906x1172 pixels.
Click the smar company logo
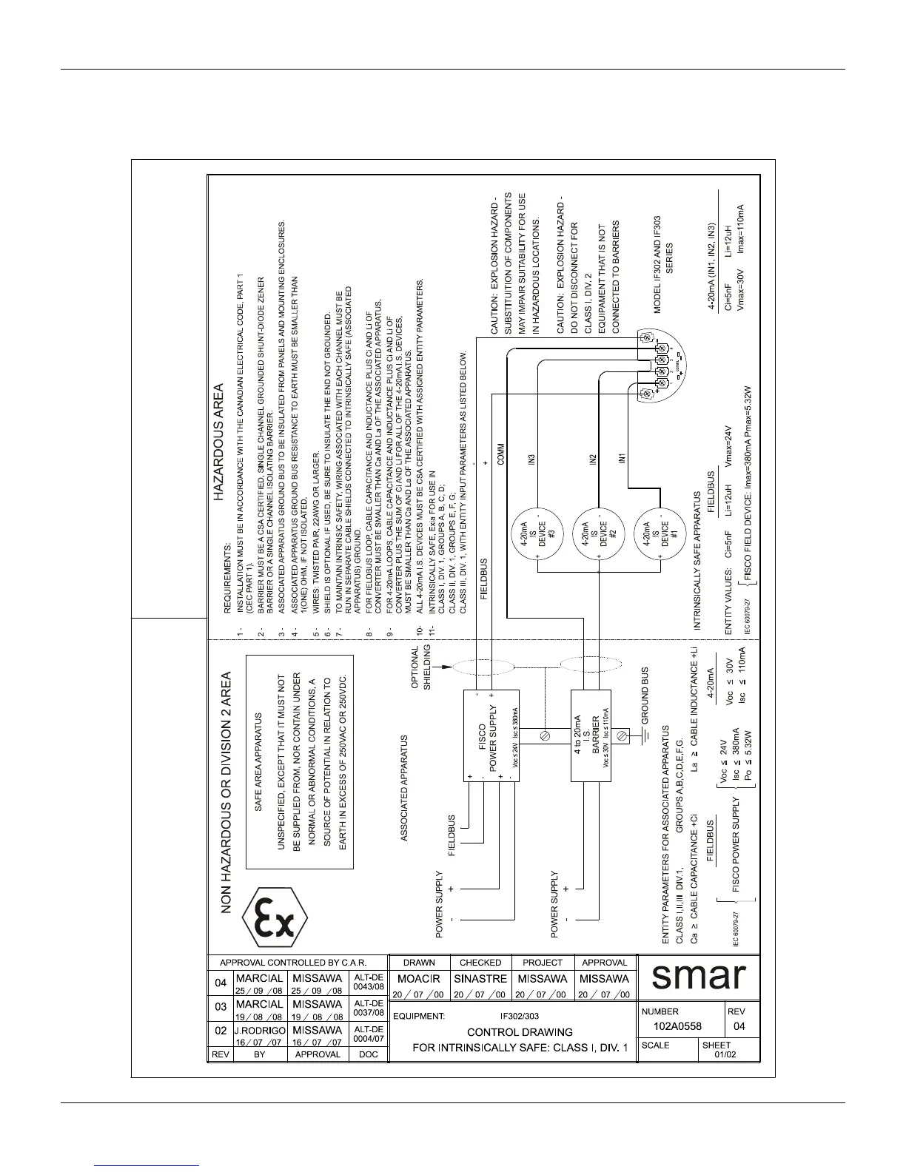(x=697, y=977)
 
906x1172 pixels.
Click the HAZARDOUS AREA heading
(x=219, y=422)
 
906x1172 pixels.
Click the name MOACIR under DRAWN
(x=419, y=979)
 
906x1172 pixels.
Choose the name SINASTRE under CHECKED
(x=480, y=979)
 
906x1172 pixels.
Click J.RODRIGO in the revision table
(x=259, y=1030)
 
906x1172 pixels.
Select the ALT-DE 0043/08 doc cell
(x=368, y=984)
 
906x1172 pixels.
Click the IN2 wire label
(x=593, y=459)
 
